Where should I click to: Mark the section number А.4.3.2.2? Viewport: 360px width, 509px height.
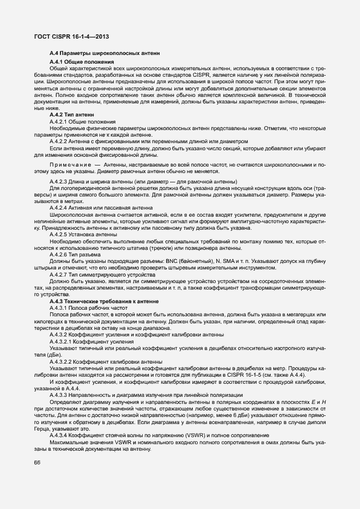coord(63,361)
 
